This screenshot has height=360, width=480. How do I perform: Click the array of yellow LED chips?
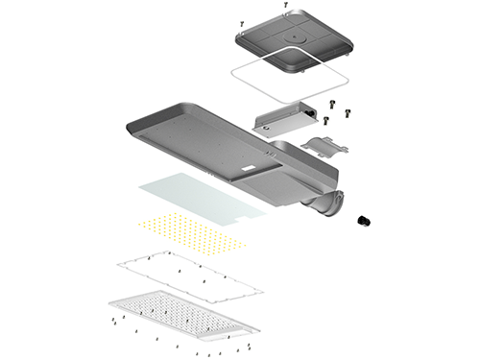[192, 232]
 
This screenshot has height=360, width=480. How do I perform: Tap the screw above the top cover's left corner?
[241, 21]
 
